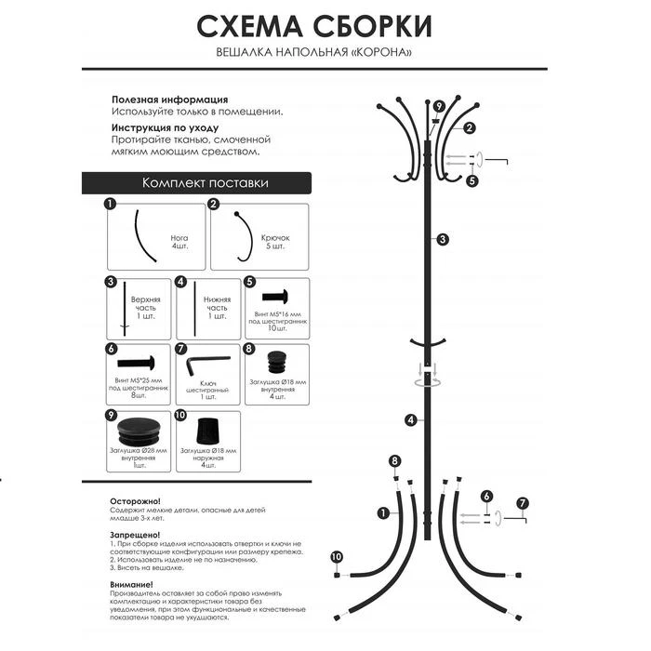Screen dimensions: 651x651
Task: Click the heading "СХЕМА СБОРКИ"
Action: [315, 25]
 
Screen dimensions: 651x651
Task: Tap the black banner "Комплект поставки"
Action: [205, 183]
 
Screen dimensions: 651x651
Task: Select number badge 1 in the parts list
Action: [110, 204]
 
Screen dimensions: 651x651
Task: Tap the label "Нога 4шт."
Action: [179, 243]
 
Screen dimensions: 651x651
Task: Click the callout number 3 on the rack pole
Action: [443, 239]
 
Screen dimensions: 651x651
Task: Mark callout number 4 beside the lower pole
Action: [410, 419]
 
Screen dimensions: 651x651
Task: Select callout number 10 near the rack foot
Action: [336, 557]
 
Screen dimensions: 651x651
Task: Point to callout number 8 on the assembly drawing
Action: [395, 461]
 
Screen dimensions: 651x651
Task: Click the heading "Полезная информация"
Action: [169, 99]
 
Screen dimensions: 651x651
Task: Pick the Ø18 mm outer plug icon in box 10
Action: [207, 432]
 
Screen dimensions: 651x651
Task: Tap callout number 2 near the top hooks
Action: [470, 128]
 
